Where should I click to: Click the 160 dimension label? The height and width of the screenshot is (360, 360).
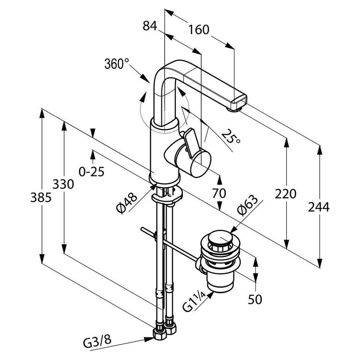[x=199, y=30]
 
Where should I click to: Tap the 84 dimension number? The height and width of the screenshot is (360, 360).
[x=150, y=26]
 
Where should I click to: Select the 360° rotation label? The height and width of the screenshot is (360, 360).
[x=117, y=64]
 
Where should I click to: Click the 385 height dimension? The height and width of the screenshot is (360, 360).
[x=41, y=197]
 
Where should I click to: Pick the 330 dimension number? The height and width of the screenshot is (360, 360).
[x=63, y=184]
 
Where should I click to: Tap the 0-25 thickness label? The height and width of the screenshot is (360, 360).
[x=91, y=171]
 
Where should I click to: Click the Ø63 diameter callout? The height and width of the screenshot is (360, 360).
[x=247, y=206]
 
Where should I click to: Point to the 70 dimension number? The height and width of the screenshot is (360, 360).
[x=219, y=193]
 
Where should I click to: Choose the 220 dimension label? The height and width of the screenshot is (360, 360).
[x=285, y=194]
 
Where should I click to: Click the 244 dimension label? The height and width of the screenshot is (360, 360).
[x=319, y=207]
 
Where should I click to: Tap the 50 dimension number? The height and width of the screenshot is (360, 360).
[x=255, y=299]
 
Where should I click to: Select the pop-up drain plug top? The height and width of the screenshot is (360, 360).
[x=220, y=237]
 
